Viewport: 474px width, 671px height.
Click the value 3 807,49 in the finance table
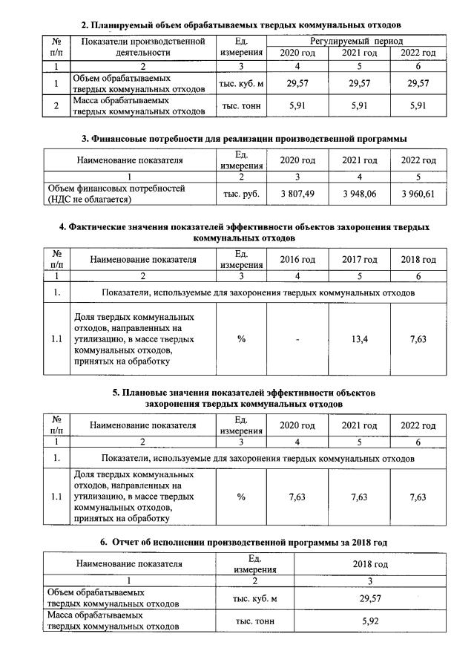[297, 194]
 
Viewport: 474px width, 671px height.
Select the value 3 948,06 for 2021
[359, 194]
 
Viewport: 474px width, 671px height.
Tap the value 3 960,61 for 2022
[418, 194]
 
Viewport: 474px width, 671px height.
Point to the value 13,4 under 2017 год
[359, 339]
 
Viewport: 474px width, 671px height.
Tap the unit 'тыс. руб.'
[240, 194]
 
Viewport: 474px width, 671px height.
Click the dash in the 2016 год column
[297, 339]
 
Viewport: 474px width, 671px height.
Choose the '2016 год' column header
[297, 260]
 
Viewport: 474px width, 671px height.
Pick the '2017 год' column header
[359, 260]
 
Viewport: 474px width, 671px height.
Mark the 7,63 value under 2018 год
[418, 339]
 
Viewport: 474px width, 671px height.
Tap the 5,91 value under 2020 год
[297, 105]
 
